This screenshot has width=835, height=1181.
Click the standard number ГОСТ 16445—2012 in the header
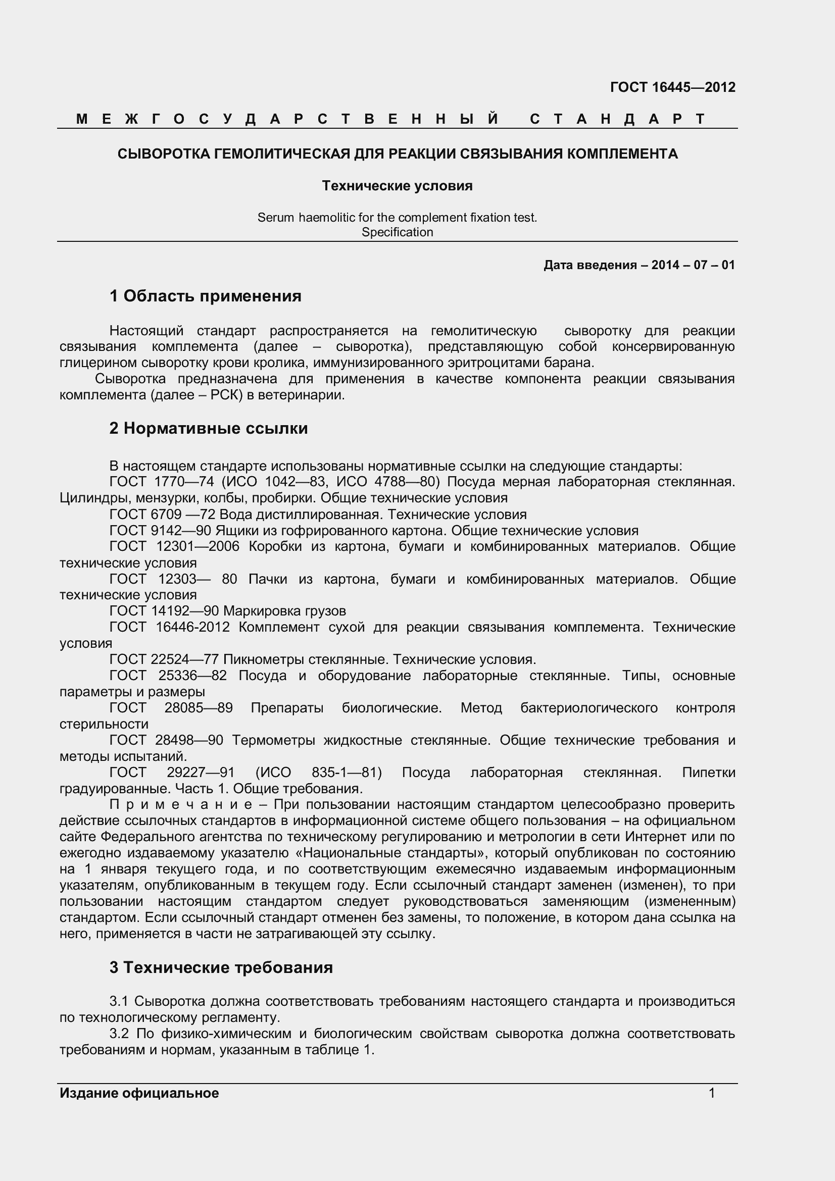[672, 87]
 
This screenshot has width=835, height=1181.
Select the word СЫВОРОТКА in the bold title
[164, 153]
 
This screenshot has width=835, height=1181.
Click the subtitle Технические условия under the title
[397, 186]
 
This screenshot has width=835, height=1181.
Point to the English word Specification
[397, 232]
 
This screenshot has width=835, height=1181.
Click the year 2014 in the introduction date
[665, 265]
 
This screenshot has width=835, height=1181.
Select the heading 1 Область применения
[205, 296]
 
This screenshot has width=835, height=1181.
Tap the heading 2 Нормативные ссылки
[208, 428]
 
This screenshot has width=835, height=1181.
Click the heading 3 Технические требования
[221, 967]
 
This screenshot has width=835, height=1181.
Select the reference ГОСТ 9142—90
[160, 530]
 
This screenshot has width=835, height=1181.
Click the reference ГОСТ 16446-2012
[169, 627]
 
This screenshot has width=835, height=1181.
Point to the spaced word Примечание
[180, 804]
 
